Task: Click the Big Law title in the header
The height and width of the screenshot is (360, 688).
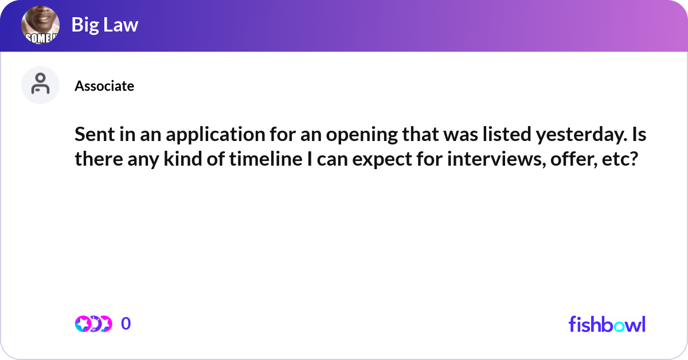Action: pos(105,25)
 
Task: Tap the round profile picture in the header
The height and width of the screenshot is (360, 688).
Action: pos(41,26)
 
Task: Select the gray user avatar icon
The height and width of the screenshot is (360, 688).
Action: pos(41,85)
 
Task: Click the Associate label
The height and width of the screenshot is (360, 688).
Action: pos(104,86)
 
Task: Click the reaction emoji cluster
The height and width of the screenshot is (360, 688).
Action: pos(93,324)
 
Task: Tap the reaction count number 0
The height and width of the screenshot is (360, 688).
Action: pos(126,324)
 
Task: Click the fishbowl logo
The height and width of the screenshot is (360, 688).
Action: pos(607,324)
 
